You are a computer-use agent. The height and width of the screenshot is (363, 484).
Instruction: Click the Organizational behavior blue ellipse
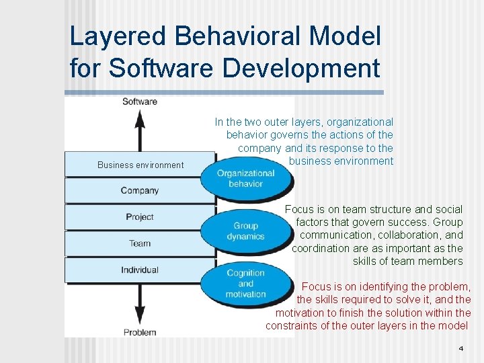point(246,178)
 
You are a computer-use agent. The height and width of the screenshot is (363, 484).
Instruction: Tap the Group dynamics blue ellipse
point(246,231)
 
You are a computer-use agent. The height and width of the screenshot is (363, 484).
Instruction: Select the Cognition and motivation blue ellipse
point(246,284)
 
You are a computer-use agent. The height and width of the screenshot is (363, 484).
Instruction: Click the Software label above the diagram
point(140,102)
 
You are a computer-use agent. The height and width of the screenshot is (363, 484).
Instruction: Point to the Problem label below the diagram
point(140,331)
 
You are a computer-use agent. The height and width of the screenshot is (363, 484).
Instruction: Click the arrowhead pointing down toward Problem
point(140,317)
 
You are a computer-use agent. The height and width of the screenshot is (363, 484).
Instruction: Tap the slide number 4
point(460,348)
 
